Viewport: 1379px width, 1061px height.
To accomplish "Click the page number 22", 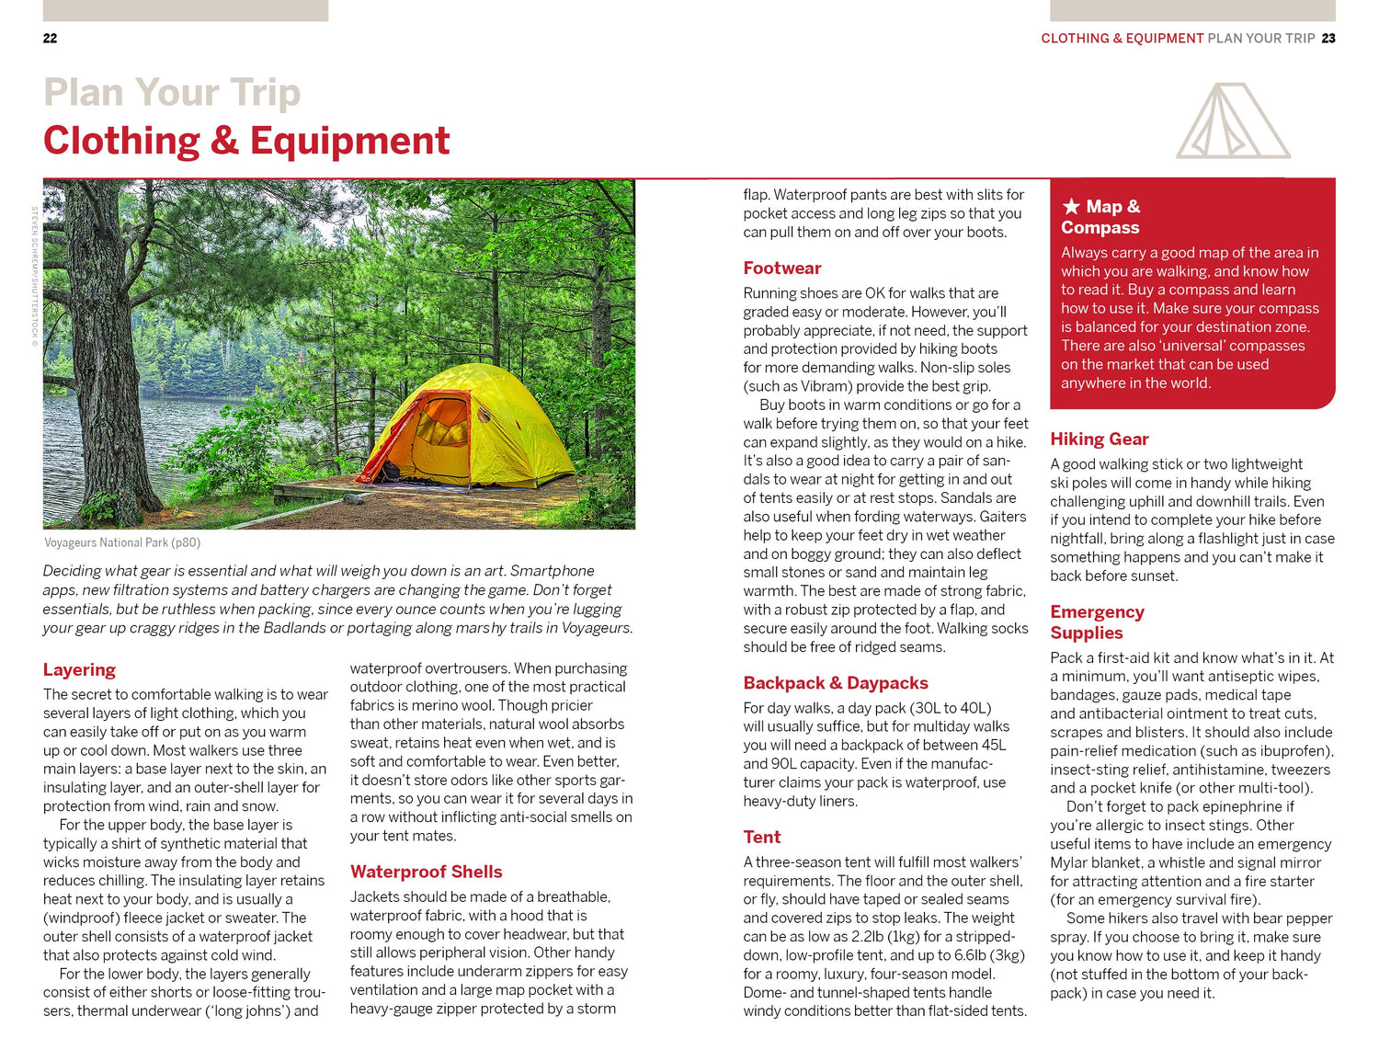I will click(x=50, y=39).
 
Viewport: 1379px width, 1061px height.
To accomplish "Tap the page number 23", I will click(x=1328, y=39).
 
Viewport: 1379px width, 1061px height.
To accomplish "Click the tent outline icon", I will click(x=1232, y=121).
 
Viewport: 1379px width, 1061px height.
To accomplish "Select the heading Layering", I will click(x=79, y=669).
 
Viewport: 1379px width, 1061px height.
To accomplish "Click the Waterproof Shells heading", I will click(x=426, y=872).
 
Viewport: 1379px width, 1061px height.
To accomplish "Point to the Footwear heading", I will click(x=781, y=268).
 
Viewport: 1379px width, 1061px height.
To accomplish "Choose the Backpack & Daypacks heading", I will click(x=835, y=683).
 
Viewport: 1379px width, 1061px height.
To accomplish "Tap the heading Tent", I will click(x=761, y=837).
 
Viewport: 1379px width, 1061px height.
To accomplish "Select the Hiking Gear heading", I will click(x=1099, y=439).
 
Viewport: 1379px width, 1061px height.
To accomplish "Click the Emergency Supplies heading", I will click(x=1097, y=622).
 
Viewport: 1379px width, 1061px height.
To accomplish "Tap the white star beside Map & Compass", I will click(x=1070, y=207).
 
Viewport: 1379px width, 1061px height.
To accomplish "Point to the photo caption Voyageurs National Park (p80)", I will click(x=122, y=542).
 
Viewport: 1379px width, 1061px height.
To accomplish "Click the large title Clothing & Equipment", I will click(x=246, y=141).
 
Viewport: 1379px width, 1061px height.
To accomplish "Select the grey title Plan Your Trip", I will click(x=172, y=93).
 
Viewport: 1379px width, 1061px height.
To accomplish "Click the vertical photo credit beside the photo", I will click(x=35, y=276).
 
